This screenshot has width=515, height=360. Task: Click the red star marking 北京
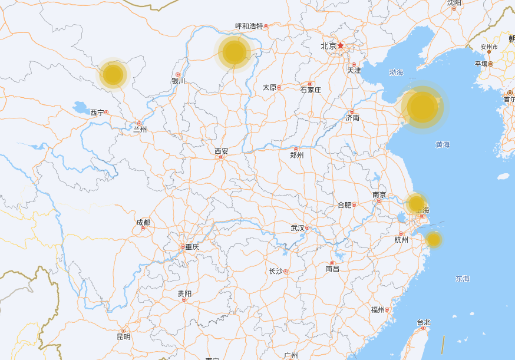341,45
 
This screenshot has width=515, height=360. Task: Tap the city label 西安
221,151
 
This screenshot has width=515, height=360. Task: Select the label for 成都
143,222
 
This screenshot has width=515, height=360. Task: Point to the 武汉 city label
298,228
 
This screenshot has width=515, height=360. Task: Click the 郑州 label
297,155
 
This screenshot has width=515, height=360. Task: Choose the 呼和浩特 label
249,26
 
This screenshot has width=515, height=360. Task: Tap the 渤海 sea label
396,72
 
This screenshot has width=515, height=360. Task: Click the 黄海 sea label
443,144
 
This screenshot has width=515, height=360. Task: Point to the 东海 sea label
463,278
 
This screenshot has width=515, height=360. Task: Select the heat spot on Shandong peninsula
422,107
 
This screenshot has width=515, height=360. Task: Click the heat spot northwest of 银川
113,75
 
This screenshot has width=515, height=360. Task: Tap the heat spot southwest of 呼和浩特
235,52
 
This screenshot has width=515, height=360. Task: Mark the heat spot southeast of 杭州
434,239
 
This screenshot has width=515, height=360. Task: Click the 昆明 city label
123,337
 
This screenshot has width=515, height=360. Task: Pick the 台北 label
423,322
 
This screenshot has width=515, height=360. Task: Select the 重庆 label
192,247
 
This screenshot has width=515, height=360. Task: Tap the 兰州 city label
140,130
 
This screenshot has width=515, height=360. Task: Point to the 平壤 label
481,64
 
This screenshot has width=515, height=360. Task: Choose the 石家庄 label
311,90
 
